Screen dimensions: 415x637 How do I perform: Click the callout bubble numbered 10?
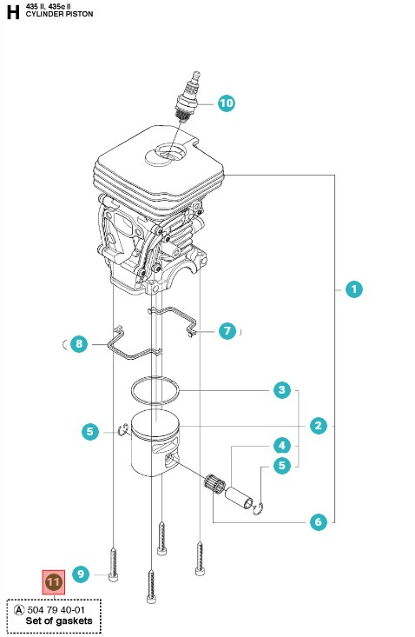[x=227, y=103]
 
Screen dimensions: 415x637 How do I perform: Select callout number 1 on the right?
[x=353, y=289]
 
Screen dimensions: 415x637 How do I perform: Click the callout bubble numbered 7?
[x=227, y=331]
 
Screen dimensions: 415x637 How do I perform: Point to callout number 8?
[x=79, y=344]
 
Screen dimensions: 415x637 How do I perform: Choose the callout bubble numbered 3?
[x=282, y=390]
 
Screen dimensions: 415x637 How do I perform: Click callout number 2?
[x=319, y=426]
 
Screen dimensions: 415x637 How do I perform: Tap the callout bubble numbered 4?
[x=282, y=446]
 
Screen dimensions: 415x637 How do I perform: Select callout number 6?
[x=319, y=521]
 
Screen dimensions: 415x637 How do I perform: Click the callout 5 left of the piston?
[x=90, y=431]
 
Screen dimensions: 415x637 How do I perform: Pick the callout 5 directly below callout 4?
[x=282, y=466]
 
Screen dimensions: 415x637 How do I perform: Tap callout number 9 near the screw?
[x=81, y=574]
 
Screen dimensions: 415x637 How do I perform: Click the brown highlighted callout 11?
[x=54, y=582]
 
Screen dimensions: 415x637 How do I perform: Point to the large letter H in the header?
[x=13, y=12]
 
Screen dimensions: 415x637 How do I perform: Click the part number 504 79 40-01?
[x=56, y=610]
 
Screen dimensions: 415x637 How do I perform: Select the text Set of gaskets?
[x=59, y=620]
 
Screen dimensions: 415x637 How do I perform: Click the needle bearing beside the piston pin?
[x=214, y=482]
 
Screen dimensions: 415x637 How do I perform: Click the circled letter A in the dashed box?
[x=19, y=610]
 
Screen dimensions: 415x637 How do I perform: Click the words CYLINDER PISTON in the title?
[x=59, y=14]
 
